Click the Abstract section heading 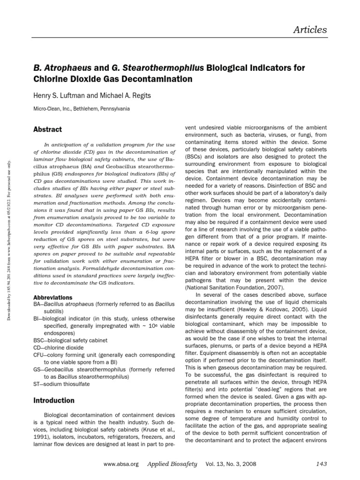click(48, 129)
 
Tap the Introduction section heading click(54, 400)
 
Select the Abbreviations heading click(53, 298)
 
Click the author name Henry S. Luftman click(60, 96)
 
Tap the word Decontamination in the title click(157, 79)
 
